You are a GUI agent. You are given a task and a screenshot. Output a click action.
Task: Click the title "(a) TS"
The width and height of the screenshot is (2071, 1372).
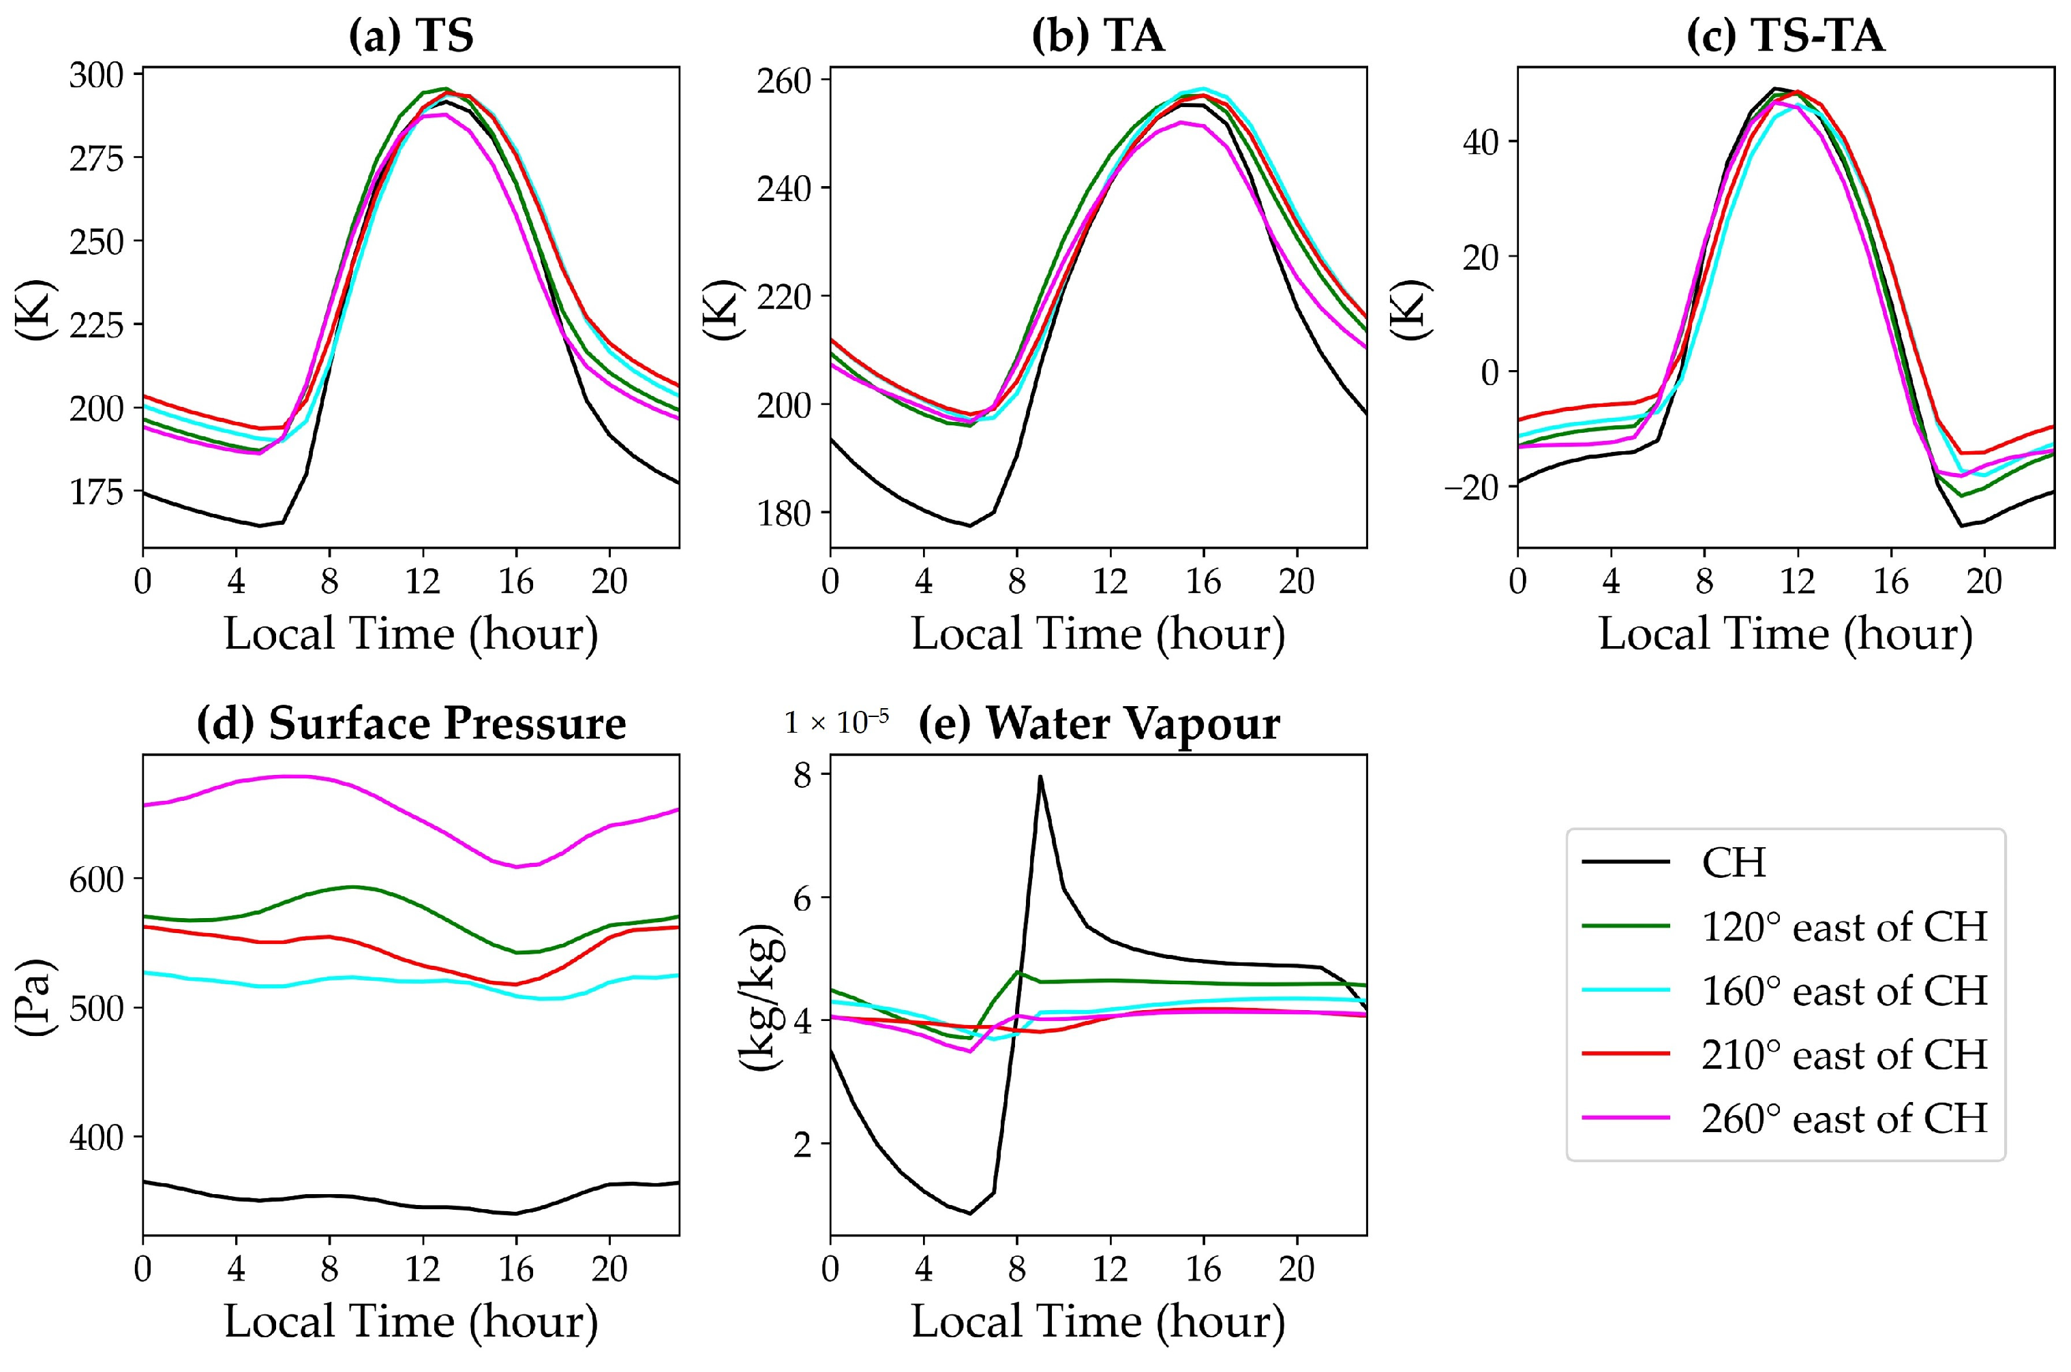410,37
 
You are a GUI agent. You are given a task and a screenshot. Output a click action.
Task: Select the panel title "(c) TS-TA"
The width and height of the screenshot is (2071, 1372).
1785,37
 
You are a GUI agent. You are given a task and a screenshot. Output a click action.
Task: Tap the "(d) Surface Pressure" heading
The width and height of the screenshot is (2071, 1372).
410,724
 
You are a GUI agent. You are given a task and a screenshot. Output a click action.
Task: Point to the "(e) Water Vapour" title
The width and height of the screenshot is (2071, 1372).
1098,724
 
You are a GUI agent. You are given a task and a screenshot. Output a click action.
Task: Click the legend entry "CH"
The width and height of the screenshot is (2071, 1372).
1734,863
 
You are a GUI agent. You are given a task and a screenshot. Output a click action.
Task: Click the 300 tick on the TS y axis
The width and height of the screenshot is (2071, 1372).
96,75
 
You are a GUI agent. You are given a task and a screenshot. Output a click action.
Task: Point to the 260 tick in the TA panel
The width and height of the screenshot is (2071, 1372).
783,80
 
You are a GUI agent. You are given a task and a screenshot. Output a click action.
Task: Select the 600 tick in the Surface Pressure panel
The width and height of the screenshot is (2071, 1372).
96,879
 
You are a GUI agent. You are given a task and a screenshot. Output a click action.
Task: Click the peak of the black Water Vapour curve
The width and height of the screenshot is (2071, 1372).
1040,777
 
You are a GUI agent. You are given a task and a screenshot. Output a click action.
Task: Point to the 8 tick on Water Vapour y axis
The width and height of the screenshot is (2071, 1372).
802,775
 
